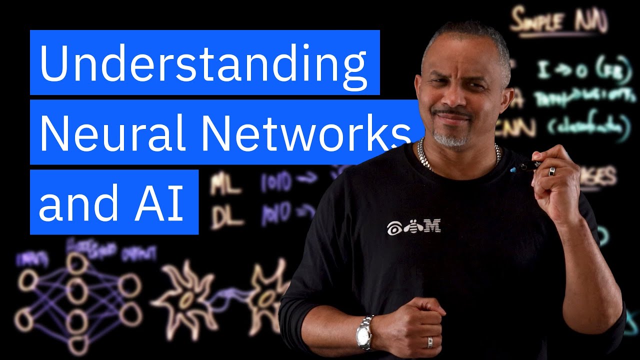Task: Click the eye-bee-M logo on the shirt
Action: point(413,227)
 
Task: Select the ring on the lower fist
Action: point(430,342)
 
